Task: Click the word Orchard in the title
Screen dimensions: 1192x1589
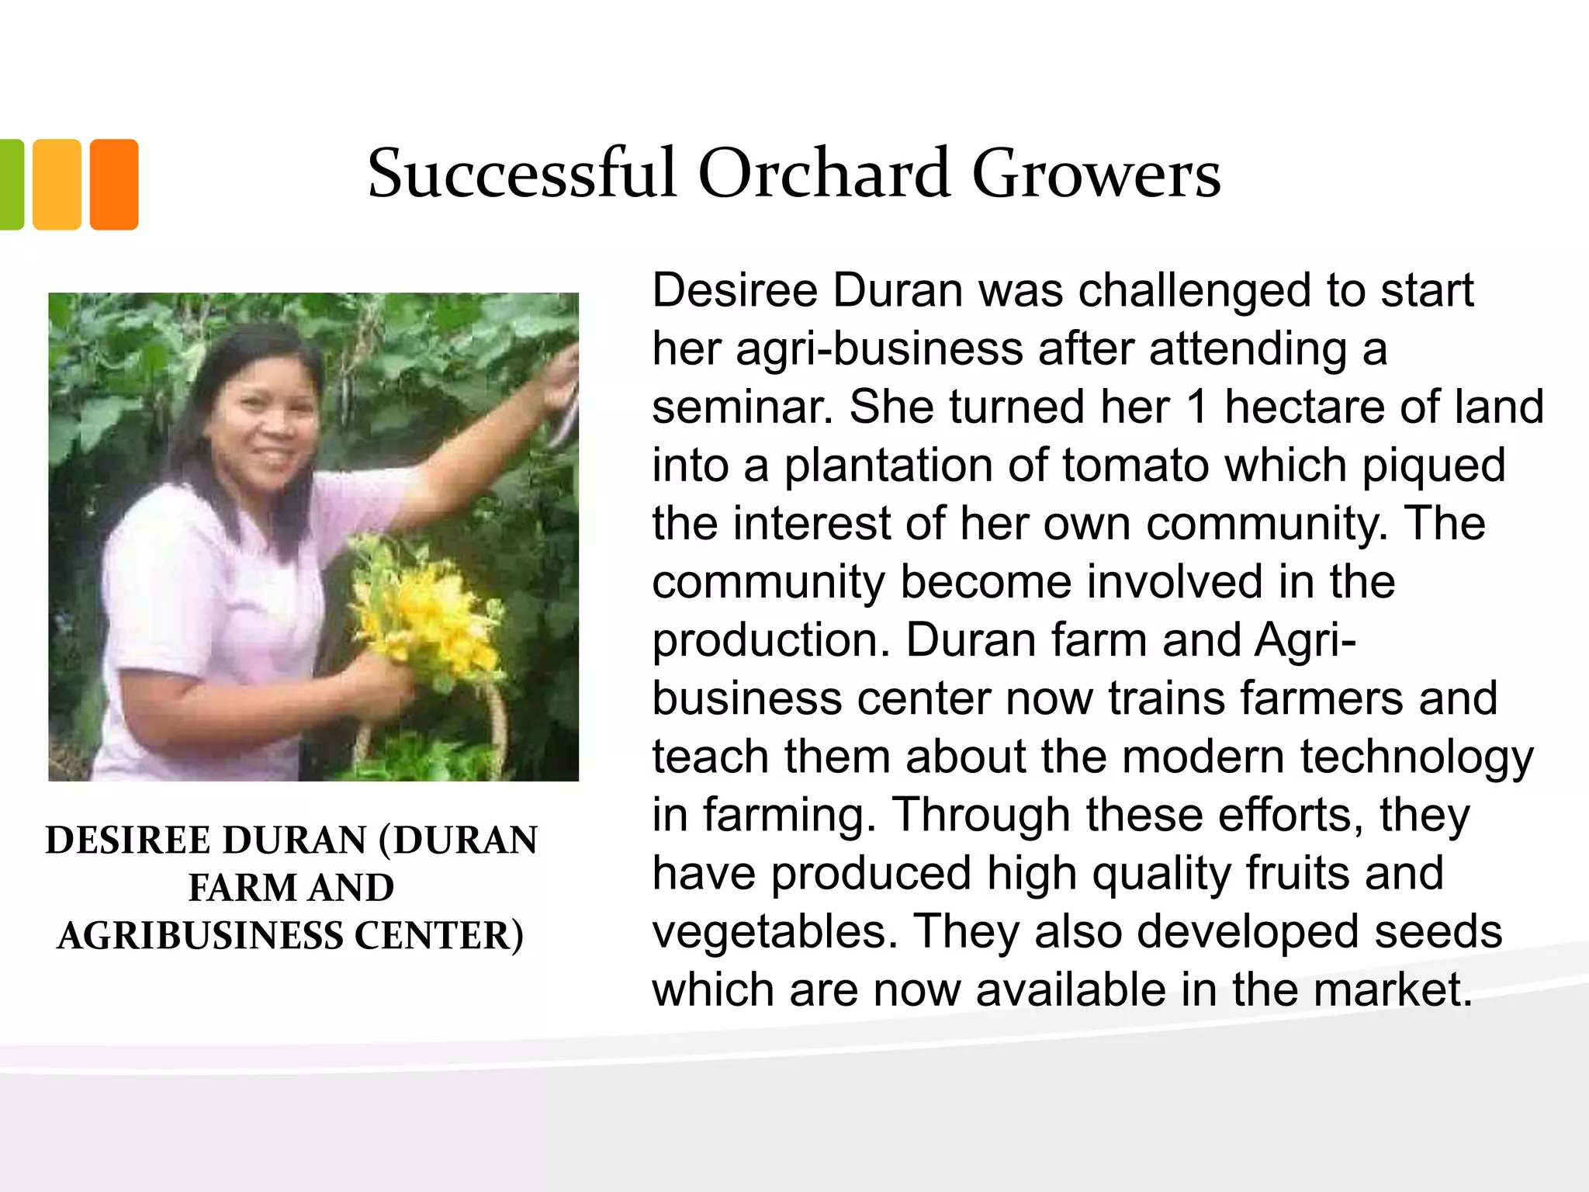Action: click(x=824, y=174)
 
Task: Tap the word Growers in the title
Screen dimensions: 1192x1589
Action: click(x=1096, y=174)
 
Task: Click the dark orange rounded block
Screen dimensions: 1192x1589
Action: click(x=114, y=185)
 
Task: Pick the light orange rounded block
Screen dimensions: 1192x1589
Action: click(x=57, y=185)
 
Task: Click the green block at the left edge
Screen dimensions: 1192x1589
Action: click(x=11, y=185)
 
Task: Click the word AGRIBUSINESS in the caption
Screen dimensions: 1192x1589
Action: click(x=199, y=936)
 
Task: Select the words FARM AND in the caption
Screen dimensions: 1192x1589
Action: click(x=291, y=888)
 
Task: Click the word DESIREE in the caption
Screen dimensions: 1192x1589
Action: click(x=128, y=840)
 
